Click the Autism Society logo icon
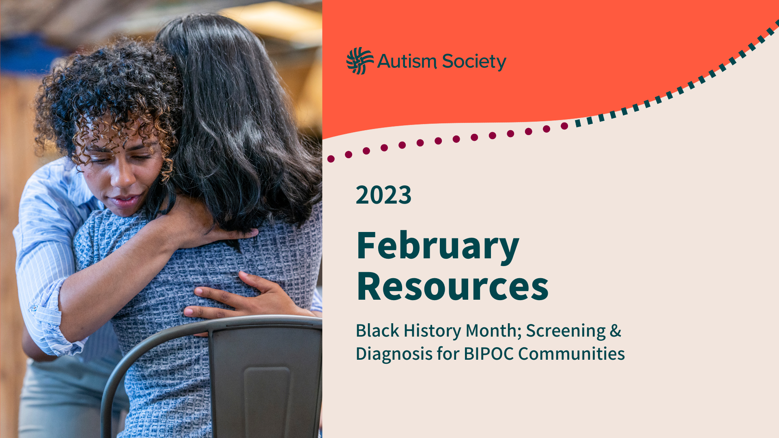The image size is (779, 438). [360, 61]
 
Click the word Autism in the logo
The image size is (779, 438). [407, 61]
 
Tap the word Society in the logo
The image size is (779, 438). [474, 62]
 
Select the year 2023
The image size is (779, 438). [383, 195]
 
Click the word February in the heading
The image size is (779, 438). [438, 247]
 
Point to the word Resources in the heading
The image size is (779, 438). [453, 287]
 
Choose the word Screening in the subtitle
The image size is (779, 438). [566, 331]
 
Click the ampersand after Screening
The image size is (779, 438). [615, 331]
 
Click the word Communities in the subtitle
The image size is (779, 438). [571, 354]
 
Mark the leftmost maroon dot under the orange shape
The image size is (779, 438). [331, 159]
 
